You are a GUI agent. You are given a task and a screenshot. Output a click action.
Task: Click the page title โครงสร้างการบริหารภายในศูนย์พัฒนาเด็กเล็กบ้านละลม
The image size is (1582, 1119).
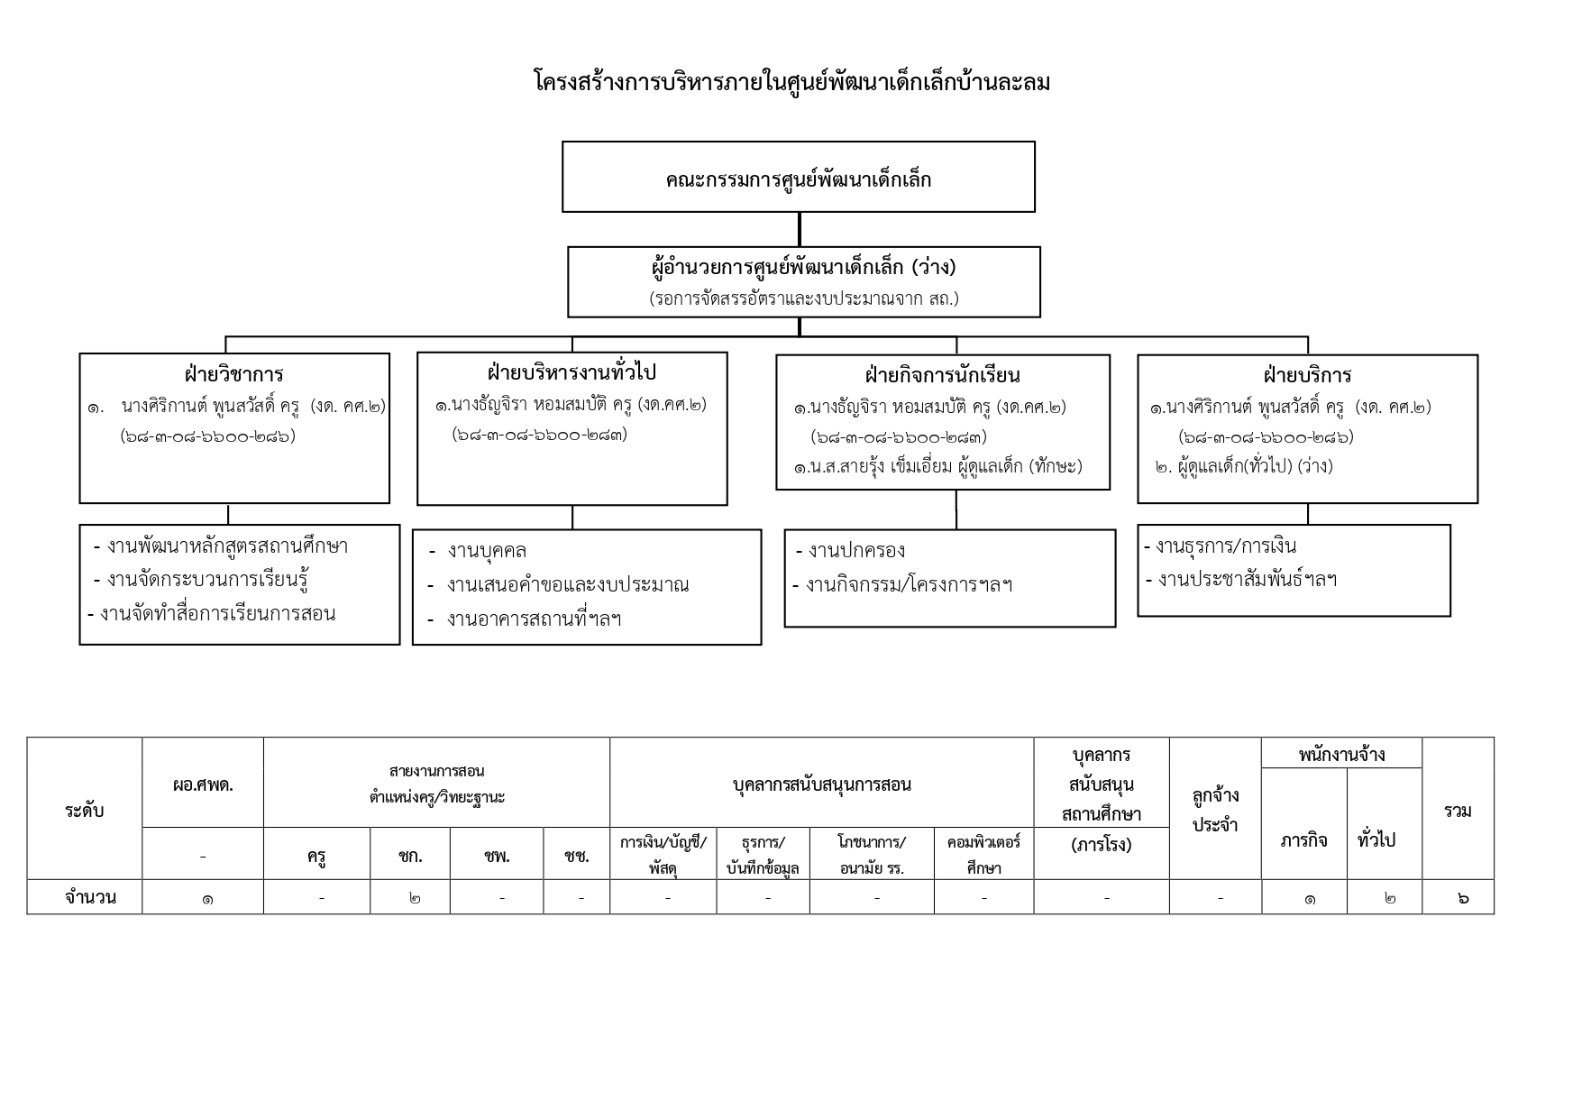tap(791, 83)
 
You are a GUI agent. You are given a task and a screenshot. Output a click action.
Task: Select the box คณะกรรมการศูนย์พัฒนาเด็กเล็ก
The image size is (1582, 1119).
tap(798, 179)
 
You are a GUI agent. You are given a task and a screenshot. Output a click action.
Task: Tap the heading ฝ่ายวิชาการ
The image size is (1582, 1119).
tap(233, 374)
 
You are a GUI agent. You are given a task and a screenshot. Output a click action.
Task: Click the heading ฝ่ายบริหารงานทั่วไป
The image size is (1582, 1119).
tap(572, 372)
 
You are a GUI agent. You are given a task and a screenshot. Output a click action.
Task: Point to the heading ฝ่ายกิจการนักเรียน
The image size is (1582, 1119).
tap(942, 375)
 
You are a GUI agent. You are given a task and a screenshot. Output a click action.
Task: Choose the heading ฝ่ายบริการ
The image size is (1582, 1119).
tap(1307, 375)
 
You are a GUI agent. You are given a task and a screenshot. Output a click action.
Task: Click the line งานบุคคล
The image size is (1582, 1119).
tap(486, 551)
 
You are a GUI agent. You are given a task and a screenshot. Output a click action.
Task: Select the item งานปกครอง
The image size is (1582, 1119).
tap(855, 551)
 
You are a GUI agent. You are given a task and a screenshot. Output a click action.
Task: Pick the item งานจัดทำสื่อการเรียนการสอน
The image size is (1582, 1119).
tap(216, 614)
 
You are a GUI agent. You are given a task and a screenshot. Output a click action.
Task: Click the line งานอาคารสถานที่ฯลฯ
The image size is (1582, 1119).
tap(533, 619)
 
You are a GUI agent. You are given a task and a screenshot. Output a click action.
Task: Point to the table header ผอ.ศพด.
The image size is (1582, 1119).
tap(203, 784)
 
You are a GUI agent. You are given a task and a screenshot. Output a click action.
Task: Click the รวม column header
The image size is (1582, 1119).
tap(1458, 811)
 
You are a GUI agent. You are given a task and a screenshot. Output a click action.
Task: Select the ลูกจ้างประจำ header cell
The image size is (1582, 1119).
tap(1215, 810)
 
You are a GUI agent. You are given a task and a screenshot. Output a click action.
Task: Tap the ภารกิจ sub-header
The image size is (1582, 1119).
tap(1303, 840)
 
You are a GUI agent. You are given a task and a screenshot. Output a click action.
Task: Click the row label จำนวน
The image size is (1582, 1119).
tap(90, 897)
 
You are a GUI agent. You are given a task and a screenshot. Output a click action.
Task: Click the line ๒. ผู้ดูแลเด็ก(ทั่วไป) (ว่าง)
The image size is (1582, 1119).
tap(1243, 466)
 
